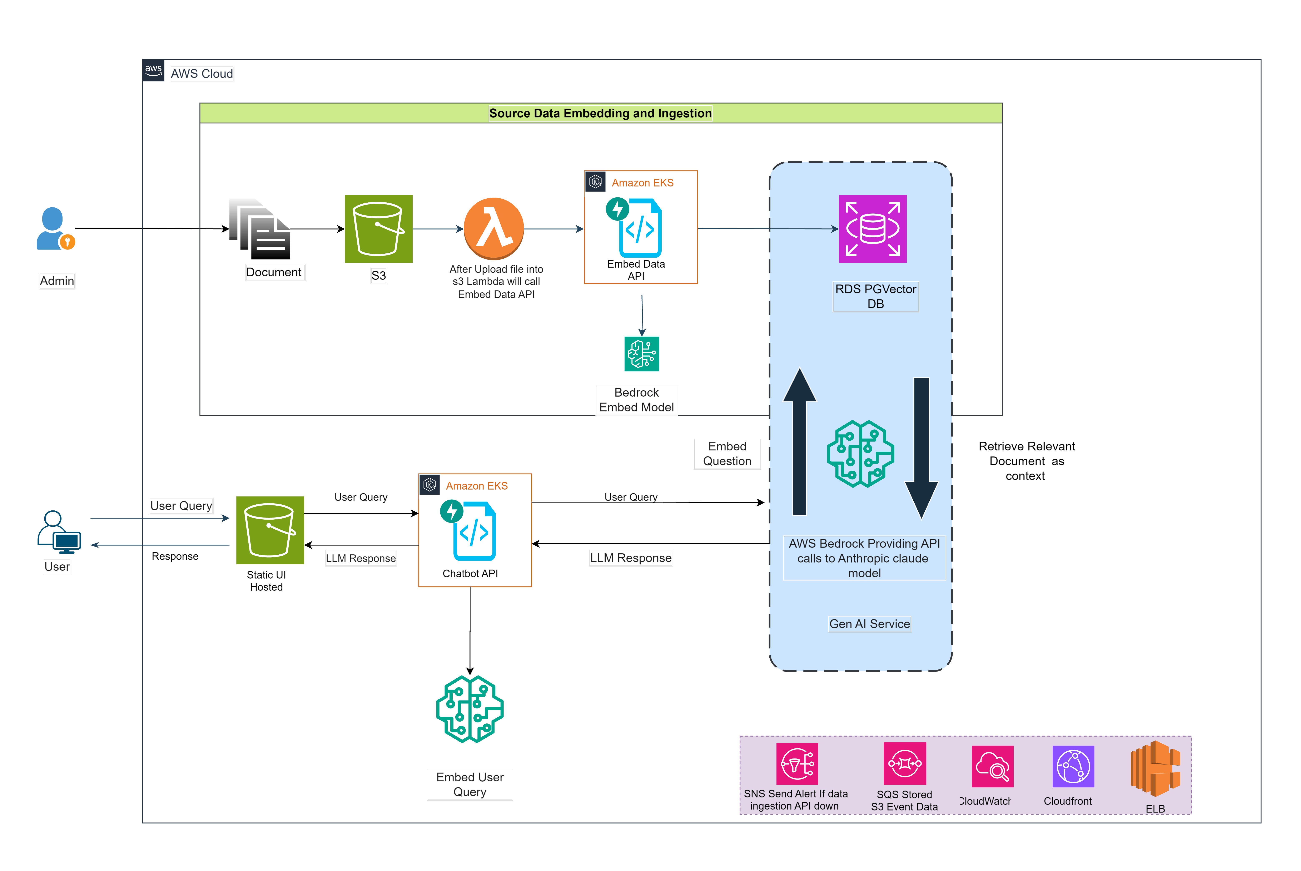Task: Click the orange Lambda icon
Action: click(494, 228)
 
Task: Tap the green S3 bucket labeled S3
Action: click(379, 229)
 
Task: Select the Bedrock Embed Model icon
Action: click(642, 354)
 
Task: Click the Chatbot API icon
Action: click(468, 530)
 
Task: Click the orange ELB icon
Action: click(1156, 769)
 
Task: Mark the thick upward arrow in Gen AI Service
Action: click(800, 442)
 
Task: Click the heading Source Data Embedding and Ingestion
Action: click(600, 113)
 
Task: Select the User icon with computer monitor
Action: click(59, 532)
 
